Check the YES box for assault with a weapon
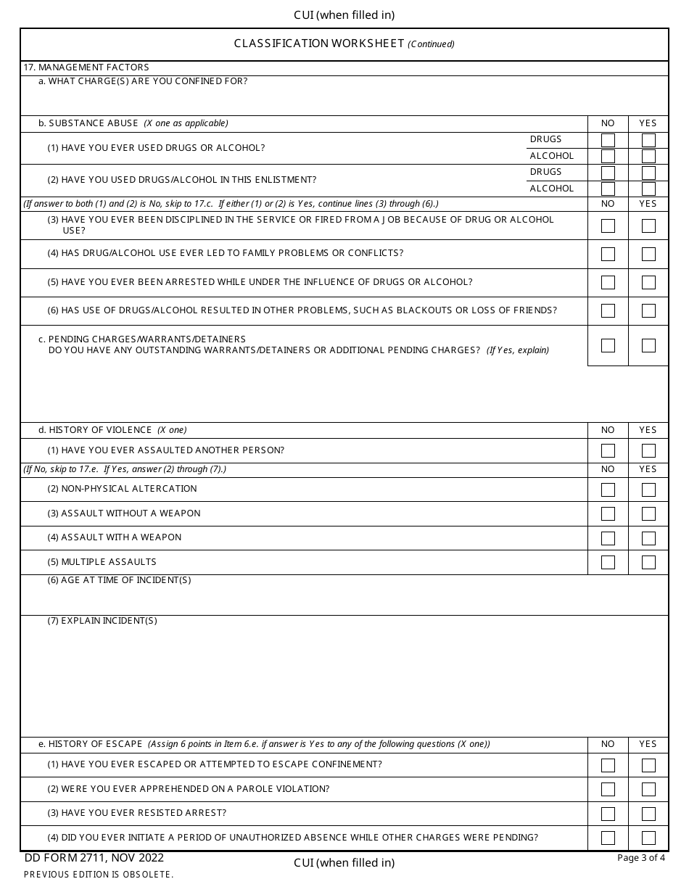tap(648, 538)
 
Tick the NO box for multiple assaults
tap(608, 563)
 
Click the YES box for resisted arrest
tap(648, 814)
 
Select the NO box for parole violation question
tap(608, 789)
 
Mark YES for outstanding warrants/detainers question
tap(648, 346)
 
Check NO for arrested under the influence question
tap(608, 283)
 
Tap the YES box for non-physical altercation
tap(648, 490)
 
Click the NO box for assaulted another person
tap(608, 451)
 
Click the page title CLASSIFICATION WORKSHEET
tap(318, 44)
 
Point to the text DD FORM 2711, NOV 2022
tap(94, 859)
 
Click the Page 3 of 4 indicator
tap(640, 858)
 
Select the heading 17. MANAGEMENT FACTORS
tap(86, 67)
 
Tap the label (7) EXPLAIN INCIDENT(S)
tap(102, 621)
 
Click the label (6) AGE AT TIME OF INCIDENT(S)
tap(119, 580)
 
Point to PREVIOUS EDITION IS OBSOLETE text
tap(99, 875)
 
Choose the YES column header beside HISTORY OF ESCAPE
tap(648, 744)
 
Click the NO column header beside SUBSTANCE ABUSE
tap(608, 123)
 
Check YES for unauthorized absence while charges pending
tap(648, 838)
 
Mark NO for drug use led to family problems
tap(608, 255)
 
